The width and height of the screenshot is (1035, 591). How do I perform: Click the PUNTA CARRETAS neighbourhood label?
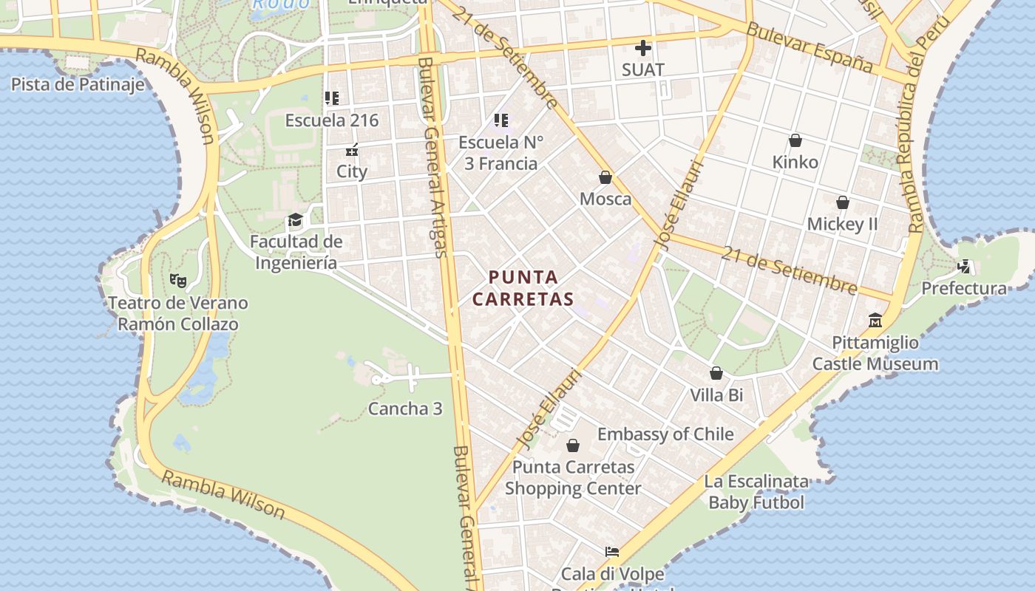[x=523, y=288]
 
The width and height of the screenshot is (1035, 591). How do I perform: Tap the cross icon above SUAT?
[x=643, y=49]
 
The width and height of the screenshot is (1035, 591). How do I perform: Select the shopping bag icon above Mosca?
[x=605, y=178]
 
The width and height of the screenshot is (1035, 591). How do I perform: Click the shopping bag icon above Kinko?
[x=795, y=140]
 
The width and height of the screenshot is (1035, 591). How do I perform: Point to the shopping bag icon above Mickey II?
[x=842, y=202]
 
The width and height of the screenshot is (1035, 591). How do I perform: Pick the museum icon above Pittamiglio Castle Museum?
[x=875, y=321]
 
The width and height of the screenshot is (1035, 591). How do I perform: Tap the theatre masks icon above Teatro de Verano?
[x=177, y=281]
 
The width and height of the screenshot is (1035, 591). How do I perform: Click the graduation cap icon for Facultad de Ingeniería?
[x=295, y=220]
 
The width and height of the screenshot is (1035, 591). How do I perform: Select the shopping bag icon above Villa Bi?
[x=716, y=374]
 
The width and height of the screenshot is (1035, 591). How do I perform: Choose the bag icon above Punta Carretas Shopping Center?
[x=573, y=445]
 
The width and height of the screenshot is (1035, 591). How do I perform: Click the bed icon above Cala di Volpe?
[x=611, y=552]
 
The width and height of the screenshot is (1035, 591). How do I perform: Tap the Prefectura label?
[x=964, y=288]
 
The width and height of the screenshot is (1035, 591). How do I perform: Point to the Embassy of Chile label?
[x=665, y=434]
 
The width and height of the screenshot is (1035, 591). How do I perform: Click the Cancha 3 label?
[x=405, y=409]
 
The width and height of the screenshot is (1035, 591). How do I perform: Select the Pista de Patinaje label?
[x=77, y=84]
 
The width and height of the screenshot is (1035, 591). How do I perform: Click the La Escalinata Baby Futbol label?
[x=756, y=493]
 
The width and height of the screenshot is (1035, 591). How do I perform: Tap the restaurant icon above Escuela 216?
[x=331, y=98]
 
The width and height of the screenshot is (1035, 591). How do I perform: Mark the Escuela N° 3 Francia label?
[x=500, y=153]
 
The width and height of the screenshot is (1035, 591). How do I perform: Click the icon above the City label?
[x=352, y=151]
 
